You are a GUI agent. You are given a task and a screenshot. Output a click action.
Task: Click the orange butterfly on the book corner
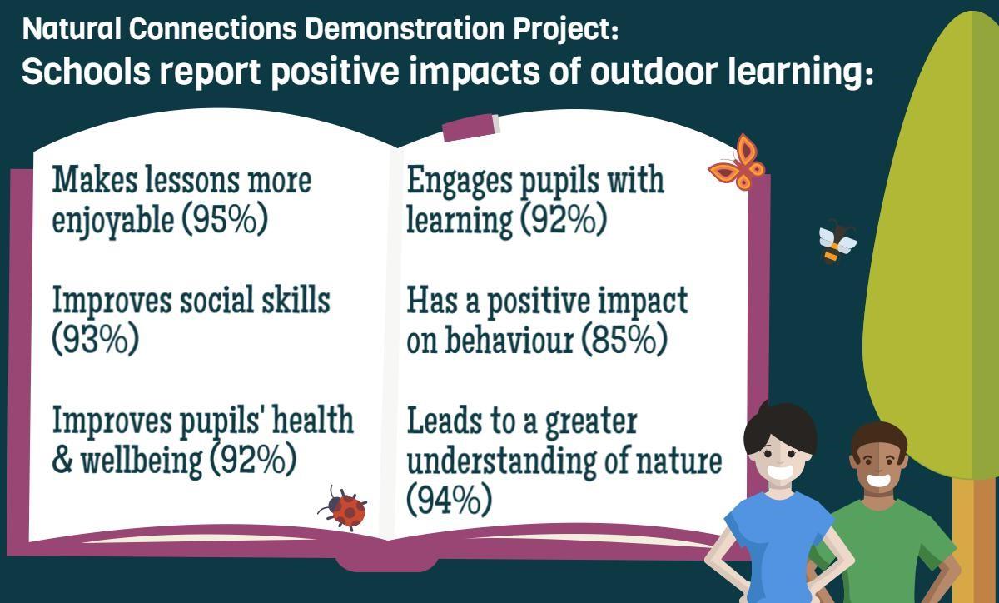click(738, 163)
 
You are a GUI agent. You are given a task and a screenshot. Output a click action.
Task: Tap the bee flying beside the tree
click(837, 242)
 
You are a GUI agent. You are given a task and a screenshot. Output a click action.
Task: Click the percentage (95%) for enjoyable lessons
click(225, 220)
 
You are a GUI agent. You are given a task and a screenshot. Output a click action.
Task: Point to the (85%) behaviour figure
click(624, 340)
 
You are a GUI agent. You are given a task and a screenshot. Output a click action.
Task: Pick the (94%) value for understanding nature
click(450, 501)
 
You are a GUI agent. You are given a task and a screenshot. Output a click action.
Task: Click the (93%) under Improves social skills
click(96, 339)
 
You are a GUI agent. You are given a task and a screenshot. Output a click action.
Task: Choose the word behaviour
click(509, 340)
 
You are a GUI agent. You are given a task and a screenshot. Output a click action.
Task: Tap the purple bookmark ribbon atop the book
click(471, 127)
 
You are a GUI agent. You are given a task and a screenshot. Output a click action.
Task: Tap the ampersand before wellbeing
click(62, 461)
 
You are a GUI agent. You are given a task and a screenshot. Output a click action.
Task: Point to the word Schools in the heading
click(86, 72)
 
